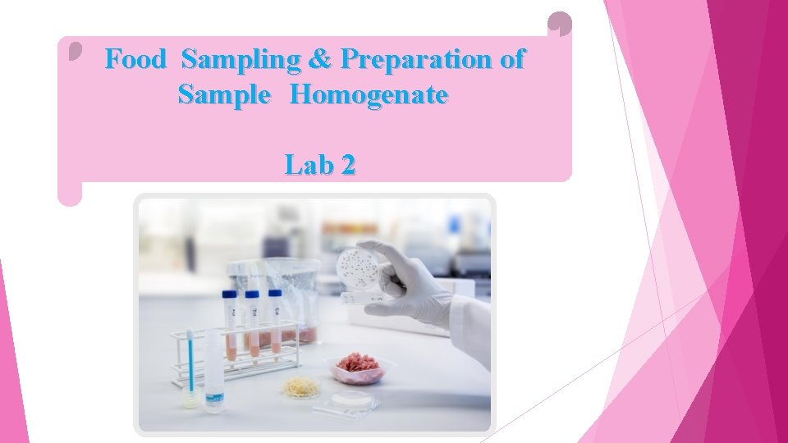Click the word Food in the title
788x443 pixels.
(x=135, y=59)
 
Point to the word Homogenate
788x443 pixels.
(x=369, y=95)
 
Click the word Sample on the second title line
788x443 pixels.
(x=223, y=95)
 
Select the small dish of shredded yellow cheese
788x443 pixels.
(x=301, y=386)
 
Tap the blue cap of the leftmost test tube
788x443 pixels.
(x=229, y=295)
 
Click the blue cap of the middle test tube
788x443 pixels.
(x=251, y=295)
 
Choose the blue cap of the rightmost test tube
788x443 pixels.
(x=274, y=293)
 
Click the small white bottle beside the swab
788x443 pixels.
(x=213, y=372)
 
